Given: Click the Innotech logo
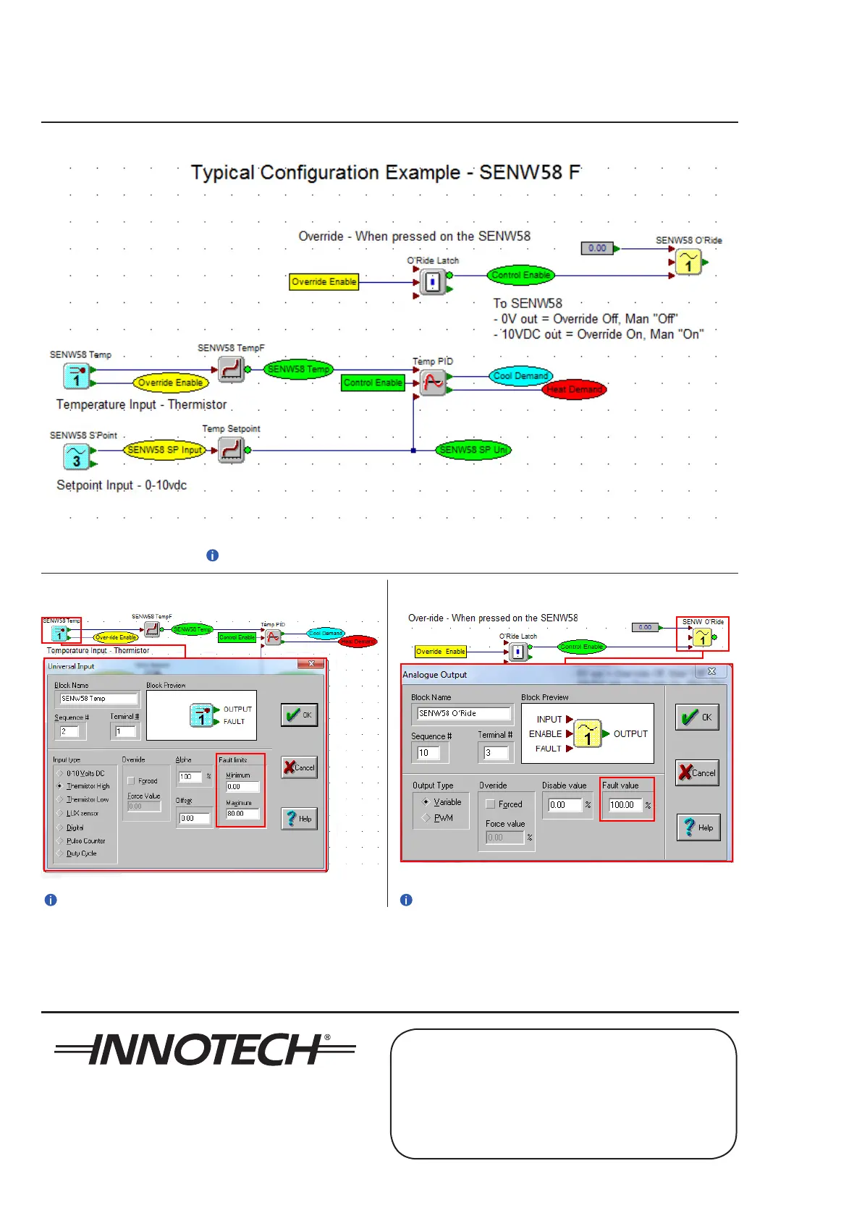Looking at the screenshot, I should pos(205,1049).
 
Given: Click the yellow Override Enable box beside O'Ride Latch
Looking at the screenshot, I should pos(324,281).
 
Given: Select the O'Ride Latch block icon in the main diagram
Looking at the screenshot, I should pos(433,281).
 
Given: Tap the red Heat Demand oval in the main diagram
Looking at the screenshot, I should pos(574,389).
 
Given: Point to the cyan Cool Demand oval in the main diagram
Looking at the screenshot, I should pos(520,376).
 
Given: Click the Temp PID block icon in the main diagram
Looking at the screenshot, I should pos(433,383).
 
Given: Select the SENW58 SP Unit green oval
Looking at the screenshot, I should pos(473,450).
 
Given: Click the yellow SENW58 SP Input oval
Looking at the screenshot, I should pos(164,450).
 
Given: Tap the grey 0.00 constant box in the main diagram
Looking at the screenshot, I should pos(597,248).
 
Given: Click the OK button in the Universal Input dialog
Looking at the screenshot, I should pos(299,715).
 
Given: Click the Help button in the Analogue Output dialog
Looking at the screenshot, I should pos(698,827).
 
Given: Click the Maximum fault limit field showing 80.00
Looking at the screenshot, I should pos(242,814).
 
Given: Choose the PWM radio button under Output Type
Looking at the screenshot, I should pos(426,818).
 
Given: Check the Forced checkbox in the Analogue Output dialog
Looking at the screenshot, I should pos(491,804).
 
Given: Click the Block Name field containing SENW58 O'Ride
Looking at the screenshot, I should pos(463,713).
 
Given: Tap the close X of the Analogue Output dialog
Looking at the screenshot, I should pos(711,671).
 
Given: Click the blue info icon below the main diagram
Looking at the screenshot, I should pos(212,555).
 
